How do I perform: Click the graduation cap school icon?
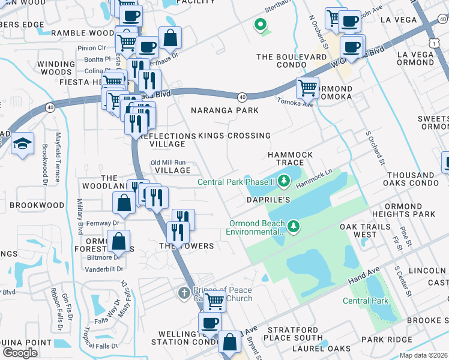(x=22, y=145)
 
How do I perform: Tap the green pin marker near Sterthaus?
(x=261, y=25)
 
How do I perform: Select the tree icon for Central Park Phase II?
(x=283, y=181)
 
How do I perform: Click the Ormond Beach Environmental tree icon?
(x=294, y=226)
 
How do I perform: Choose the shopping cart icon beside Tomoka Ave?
(x=307, y=88)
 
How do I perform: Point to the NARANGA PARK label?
(x=224, y=110)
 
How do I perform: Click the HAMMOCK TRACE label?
(x=290, y=159)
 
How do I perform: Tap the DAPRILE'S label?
(x=268, y=199)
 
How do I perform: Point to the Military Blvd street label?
(x=80, y=215)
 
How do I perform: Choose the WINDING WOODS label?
(x=56, y=68)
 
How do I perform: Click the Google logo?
(x=20, y=353)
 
